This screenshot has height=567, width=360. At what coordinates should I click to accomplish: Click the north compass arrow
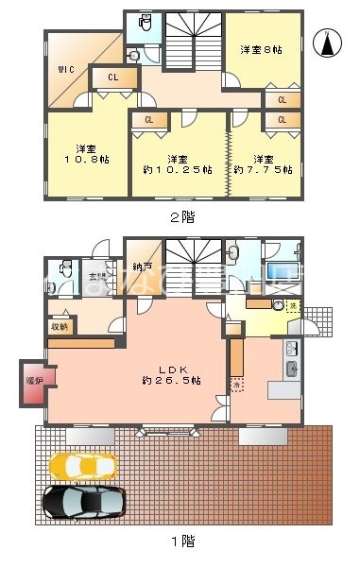tap(326, 43)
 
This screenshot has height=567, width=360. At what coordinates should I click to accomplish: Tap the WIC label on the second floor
tap(65, 69)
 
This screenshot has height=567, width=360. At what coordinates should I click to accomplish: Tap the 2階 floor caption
tap(181, 216)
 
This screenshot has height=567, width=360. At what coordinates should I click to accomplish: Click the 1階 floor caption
tap(181, 541)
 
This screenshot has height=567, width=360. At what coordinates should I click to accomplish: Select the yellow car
tap(83, 465)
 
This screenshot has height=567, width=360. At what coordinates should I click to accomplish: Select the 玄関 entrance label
tap(98, 277)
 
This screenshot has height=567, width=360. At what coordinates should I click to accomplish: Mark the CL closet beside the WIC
tap(111, 77)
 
